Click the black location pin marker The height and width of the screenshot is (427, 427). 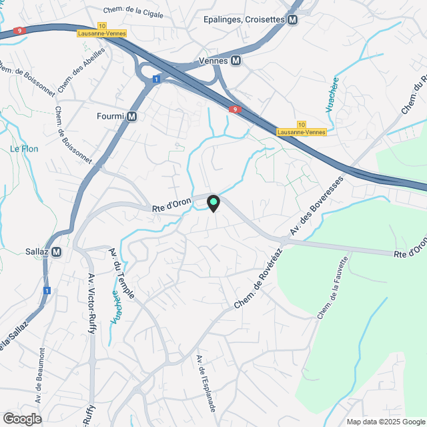tap(213, 203)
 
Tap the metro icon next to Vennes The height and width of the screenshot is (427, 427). tap(236, 61)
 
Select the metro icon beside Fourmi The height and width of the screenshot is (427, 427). tap(132, 117)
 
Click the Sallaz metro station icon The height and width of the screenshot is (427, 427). tap(57, 252)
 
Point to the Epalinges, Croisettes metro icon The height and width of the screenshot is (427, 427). tap(292, 20)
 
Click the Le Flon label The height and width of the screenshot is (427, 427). tap(24, 148)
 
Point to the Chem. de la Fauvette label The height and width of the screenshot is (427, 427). tap(333, 288)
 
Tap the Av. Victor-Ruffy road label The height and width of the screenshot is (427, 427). tap(91, 304)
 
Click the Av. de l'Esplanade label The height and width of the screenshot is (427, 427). tap(206, 382)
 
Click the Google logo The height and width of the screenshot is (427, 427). tap(21, 419)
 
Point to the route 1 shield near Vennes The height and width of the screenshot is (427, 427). tap(155, 79)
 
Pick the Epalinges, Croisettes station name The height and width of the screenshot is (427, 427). tap(244, 20)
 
